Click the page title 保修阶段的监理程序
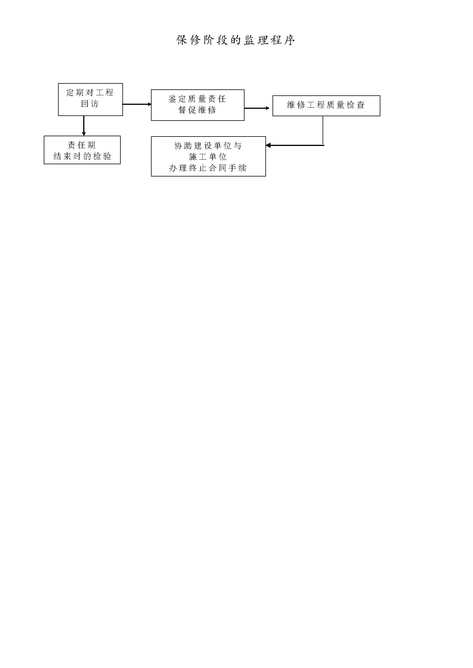(x=236, y=40)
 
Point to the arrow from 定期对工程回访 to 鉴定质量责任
(x=137, y=104)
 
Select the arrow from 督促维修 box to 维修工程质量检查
(x=257, y=108)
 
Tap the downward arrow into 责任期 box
(x=84, y=126)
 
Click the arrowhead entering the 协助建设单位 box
(x=268, y=145)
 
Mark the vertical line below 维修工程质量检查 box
(x=323, y=130)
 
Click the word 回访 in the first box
(x=90, y=104)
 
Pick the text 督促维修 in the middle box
(x=198, y=110)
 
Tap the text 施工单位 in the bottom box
(x=208, y=157)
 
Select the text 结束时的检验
(x=82, y=156)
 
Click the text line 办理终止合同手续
(x=208, y=168)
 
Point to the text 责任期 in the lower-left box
(x=82, y=145)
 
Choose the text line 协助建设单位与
(x=208, y=146)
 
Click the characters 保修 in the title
(x=188, y=40)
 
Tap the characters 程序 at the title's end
(x=283, y=40)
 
